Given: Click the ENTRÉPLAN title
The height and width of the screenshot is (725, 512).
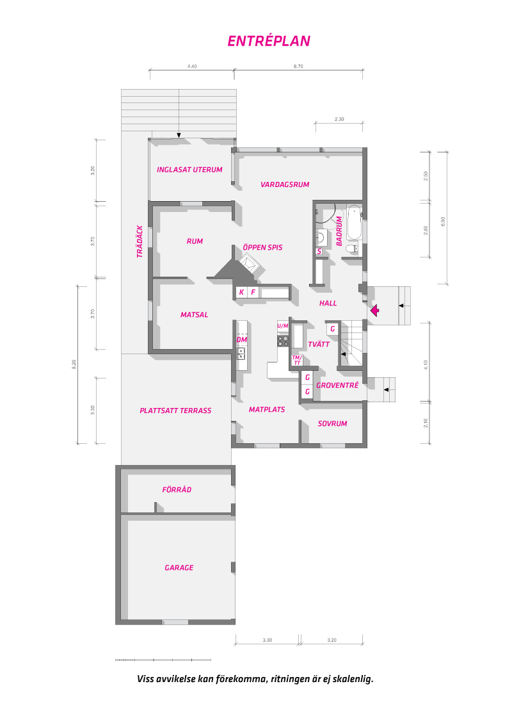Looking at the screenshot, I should click(269, 41).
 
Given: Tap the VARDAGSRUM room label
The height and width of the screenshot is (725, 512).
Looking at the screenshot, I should click(285, 184).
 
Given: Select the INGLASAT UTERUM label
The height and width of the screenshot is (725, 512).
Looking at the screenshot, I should click(189, 170).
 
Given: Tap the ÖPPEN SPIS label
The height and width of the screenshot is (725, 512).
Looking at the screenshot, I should click(262, 247).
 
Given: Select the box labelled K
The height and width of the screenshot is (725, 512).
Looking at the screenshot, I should click(241, 292).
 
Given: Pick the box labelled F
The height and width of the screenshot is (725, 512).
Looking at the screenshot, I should click(253, 292).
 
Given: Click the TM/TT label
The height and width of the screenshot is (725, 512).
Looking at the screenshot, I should click(296, 360).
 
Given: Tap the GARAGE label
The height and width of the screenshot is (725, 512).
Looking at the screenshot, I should click(179, 567).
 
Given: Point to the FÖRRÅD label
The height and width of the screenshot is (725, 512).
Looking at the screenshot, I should click(177, 489).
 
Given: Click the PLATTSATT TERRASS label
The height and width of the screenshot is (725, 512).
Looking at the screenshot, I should click(175, 411).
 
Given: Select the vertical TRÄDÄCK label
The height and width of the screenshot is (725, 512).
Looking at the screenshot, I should click(139, 241).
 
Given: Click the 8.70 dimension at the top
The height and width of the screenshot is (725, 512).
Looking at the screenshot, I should click(298, 67).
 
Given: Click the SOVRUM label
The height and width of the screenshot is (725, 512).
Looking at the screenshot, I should click(332, 423).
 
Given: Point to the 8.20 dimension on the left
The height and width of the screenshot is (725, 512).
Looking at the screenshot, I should click(74, 365).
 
